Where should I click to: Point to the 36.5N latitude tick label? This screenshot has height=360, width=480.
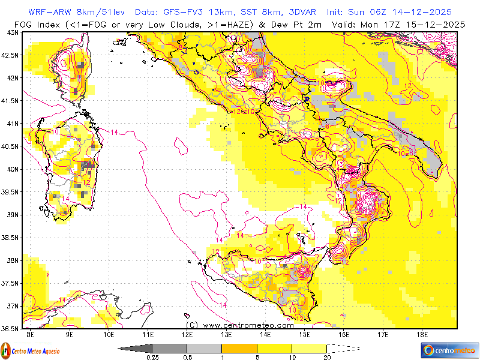coord(10,328)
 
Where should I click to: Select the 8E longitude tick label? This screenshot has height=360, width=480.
coord(31,334)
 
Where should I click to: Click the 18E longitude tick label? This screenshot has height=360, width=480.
coord(422,334)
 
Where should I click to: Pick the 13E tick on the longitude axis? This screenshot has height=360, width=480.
coord(226,334)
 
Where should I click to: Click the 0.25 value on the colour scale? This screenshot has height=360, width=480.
coord(152,357)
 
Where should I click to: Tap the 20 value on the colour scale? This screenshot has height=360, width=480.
coord(326,357)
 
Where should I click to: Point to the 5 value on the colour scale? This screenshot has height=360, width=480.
coord(257,357)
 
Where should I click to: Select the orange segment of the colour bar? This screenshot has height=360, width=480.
coord(239,348)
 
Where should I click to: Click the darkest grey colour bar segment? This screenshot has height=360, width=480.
coord(135,348)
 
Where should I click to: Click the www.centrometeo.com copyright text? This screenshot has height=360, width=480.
coord(240,325)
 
